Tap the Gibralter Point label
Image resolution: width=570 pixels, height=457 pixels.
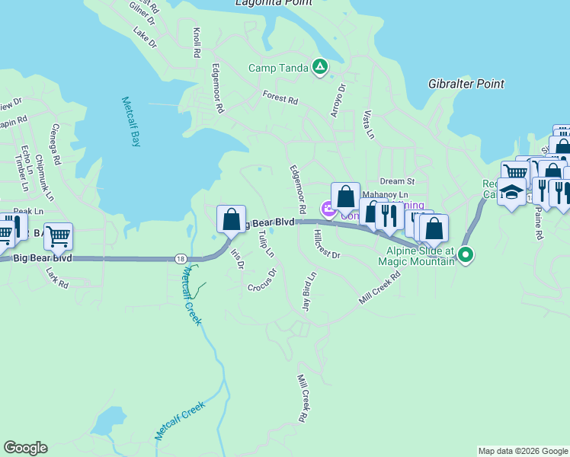point(466,84)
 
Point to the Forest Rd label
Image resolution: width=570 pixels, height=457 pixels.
point(280,98)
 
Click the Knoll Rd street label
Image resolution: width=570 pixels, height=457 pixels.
point(197,43)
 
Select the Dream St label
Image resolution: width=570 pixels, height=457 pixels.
point(396,181)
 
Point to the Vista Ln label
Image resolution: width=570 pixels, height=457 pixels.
point(370,123)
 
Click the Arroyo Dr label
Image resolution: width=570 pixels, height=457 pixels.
point(338,100)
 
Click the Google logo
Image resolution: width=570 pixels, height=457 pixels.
point(25,448)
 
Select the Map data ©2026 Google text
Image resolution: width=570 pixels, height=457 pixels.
point(523,451)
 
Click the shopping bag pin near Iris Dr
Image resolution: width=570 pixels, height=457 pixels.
point(231,219)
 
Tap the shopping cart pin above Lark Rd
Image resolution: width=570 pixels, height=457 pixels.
point(58,237)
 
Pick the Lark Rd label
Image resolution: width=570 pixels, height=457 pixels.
point(56,278)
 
